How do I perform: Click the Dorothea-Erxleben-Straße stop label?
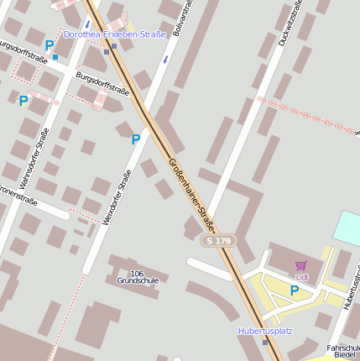click(114, 34)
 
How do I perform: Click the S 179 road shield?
click(218, 241)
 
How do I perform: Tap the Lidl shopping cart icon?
click(300, 265)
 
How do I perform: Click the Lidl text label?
click(302, 276)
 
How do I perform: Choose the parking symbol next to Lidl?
click(294, 290)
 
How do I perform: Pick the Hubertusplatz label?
click(265, 331)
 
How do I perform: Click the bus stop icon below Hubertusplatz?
click(265, 342)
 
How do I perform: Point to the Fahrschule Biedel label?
click(343, 351)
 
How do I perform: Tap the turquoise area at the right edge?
click(347, 228)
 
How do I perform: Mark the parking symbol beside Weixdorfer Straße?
click(135, 139)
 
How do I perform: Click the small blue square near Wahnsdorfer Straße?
click(55, 58)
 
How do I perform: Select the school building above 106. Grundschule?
click(134, 262)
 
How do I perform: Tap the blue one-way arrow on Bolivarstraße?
click(166, 60)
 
